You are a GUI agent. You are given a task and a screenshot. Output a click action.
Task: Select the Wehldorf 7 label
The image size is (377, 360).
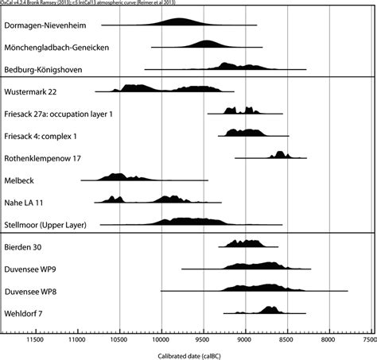tap(35, 313)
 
